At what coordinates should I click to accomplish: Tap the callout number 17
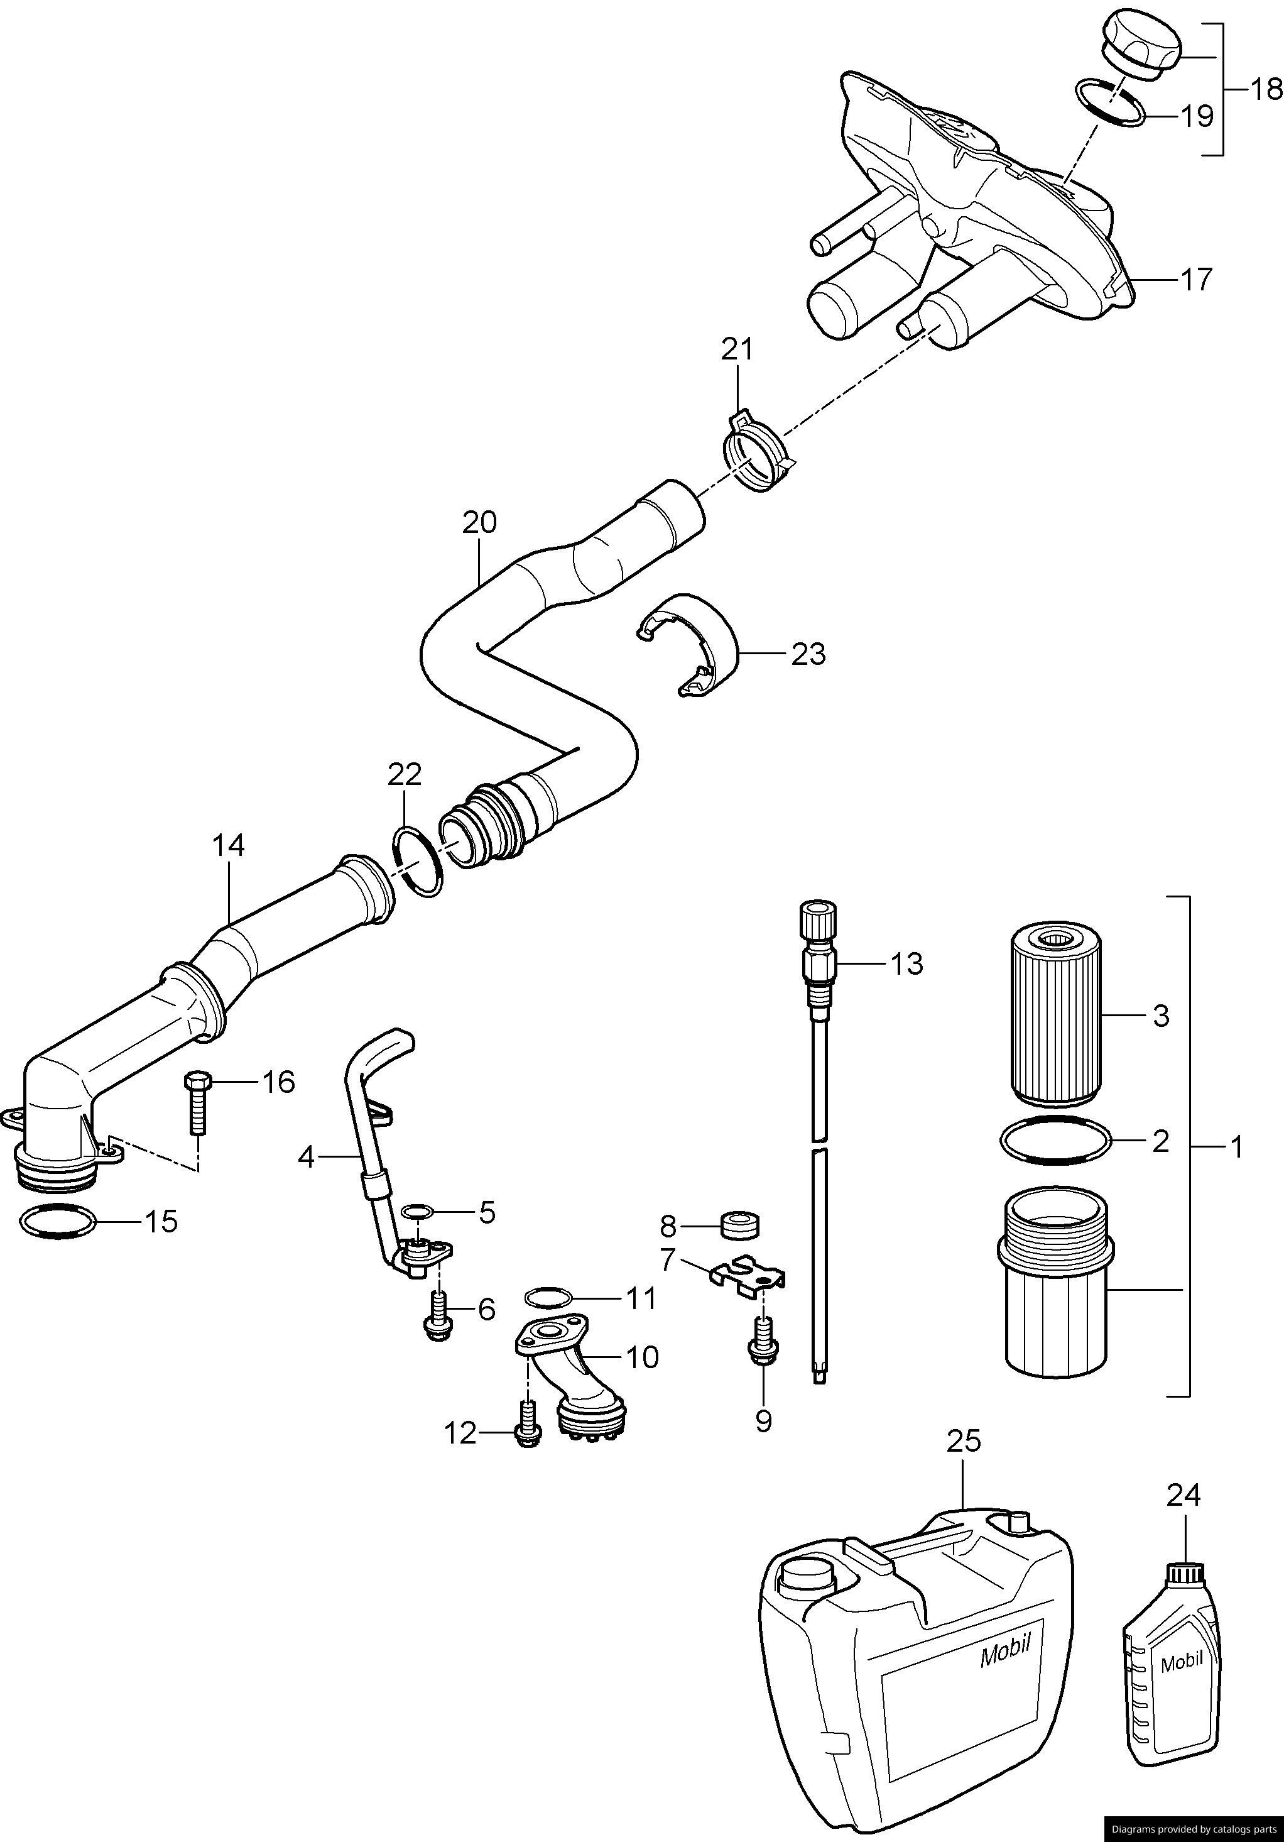tap(1196, 280)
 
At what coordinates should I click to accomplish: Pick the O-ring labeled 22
tap(418, 863)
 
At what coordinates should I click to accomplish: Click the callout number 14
tap(229, 846)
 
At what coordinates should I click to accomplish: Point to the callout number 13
tap(906, 963)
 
